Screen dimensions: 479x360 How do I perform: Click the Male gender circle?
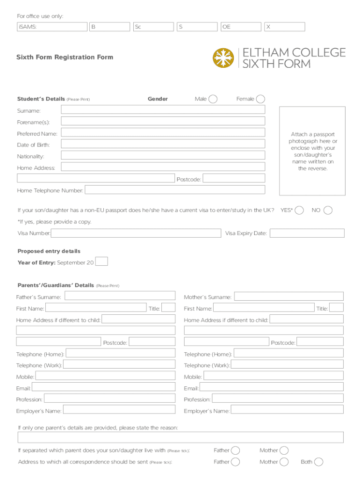coord(213,99)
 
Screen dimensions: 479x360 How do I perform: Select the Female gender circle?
coord(260,99)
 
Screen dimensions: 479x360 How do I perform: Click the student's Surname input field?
coord(163,110)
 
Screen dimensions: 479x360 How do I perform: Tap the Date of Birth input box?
coord(163,144)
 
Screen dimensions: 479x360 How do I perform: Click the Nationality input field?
coord(163,155)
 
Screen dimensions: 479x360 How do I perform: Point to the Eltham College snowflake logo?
coord(223,58)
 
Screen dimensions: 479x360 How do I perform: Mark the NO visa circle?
coord(328,210)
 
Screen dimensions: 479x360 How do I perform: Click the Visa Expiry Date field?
coord(307,233)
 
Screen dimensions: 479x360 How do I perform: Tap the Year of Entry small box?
coord(101,261)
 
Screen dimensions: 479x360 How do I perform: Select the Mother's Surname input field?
coord(288,297)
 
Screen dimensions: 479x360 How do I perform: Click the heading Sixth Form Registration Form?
coord(65,57)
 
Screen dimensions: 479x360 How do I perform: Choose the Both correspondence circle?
coord(318,462)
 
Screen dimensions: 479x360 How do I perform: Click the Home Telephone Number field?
coord(174,190)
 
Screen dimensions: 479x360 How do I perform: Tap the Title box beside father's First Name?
coord(168,308)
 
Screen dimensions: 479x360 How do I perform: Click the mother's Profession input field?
coord(278,399)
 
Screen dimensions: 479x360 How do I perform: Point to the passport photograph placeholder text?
coord(312,151)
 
